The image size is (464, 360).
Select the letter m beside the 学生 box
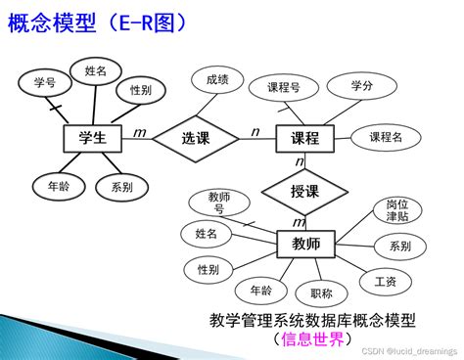(140, 133)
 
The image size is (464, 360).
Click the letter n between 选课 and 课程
(255, 132)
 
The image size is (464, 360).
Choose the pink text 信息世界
(312, 339)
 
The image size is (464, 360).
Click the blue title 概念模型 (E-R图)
(97, 22)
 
